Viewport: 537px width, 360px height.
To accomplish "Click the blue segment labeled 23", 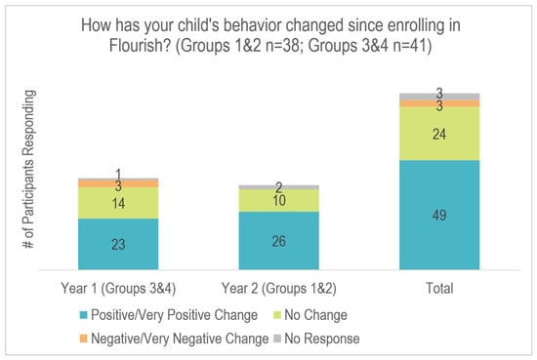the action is pyautogui.click(x=118, y=244).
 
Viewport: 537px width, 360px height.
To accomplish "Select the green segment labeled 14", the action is pyautogui.click(x=118, y=203).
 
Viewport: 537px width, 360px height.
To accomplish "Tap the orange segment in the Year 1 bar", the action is pyautogui.click(x=118, y=183).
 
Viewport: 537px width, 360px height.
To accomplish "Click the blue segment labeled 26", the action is pyautogui.click(x=279, y=241).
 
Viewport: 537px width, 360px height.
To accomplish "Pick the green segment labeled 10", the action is pyautogui.click(x=279, y=201).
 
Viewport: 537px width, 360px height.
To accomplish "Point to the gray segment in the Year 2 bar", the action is pyautogui.click(x=279, y=187).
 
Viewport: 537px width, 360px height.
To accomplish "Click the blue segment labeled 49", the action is pyautogui.click(x=439, y=215).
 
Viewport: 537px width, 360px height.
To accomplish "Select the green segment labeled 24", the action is pyautogui.click(x=439, y=134).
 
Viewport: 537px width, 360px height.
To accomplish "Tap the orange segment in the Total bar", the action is pyautogui.click(x=439, y=103).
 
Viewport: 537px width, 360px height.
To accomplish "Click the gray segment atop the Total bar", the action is pyautogui.click(x=439, y=97).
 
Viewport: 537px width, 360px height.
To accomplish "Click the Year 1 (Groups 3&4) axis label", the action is pyautogui.click(x=118, y=288).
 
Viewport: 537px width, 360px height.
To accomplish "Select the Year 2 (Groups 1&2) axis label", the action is pyautogui.click(x=279, y=288).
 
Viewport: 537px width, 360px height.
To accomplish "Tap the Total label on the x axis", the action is pyautogui.click(x=439, y=288).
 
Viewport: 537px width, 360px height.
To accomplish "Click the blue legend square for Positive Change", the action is pyautogui.click(x=84, y=315).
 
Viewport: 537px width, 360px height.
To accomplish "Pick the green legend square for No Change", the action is pyautogui.click(x=277, y=315).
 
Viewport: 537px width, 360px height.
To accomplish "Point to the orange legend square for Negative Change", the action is pyautogui.click(x=84, y=339).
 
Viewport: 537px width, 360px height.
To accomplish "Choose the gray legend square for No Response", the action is pyautogui.click(x=277, y=339).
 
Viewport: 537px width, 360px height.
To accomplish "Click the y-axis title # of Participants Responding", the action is pyautogui.click(x=28, y=169).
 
